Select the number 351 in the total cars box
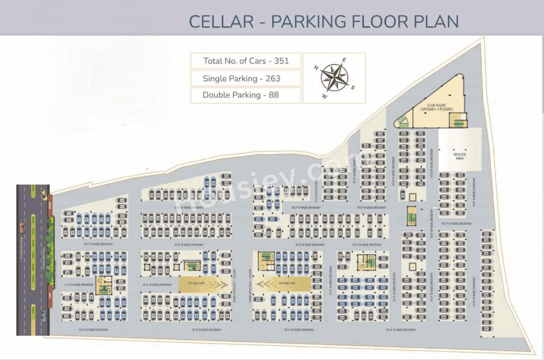[281, 61]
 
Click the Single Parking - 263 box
[246, 78]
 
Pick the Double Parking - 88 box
[246, 95]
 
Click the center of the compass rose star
[334, 78]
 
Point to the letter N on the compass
[316, 68]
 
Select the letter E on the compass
[344, 60]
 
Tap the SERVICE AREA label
[459, 156]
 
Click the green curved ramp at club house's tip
[402, 122]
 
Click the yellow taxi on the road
[44, 195]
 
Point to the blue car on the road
[43, 316]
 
